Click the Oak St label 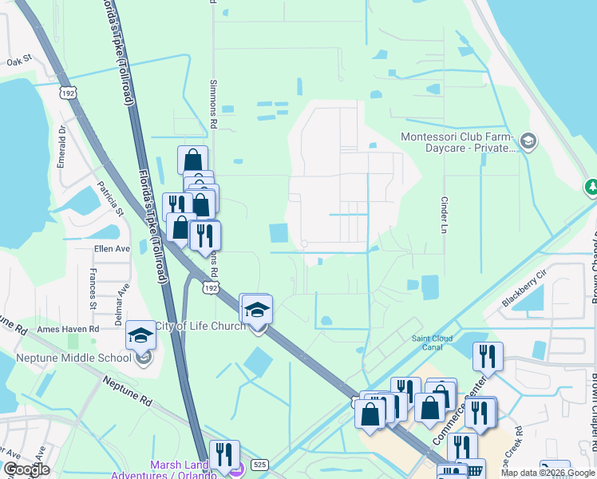coord(18,60)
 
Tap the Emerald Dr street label coord(62,144)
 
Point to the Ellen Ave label coord(112,248)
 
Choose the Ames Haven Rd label coord(68,328)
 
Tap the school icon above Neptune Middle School coord(140,335)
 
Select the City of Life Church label coord(200,325)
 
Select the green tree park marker coord(591,187)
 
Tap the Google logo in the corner coord(26,470)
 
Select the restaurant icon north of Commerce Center coord(488,355)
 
